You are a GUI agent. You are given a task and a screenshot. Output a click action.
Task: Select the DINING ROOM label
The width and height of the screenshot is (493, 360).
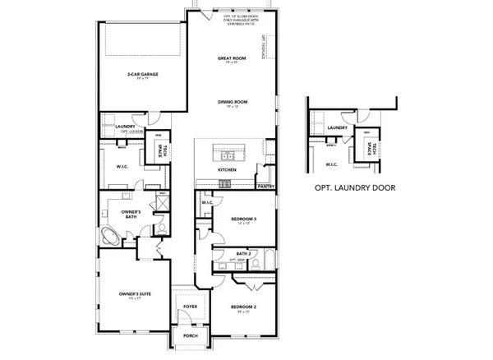point(233,103)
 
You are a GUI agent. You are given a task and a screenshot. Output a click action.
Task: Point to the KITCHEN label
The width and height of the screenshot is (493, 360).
point(227,170)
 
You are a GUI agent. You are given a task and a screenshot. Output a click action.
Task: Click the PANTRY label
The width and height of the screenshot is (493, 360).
point(265,187)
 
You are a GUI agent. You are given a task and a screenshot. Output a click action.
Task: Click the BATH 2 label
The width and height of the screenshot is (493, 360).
point(243,254)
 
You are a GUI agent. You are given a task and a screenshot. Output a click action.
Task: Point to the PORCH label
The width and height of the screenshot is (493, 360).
point(191,335)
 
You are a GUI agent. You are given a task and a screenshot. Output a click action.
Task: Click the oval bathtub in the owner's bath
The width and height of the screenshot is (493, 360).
point(110,239)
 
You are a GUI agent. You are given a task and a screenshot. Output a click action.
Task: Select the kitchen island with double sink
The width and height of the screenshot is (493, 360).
point(227,154)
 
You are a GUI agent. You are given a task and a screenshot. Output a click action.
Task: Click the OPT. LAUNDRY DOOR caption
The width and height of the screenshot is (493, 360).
point(355,188)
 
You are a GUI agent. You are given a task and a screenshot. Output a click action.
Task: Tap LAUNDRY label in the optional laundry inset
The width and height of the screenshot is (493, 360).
point(338,128)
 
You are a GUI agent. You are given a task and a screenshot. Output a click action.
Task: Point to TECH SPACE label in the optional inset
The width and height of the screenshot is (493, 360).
point(374,149)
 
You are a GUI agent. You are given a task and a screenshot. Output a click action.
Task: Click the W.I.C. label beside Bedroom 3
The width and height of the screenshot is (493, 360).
point(207,201)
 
